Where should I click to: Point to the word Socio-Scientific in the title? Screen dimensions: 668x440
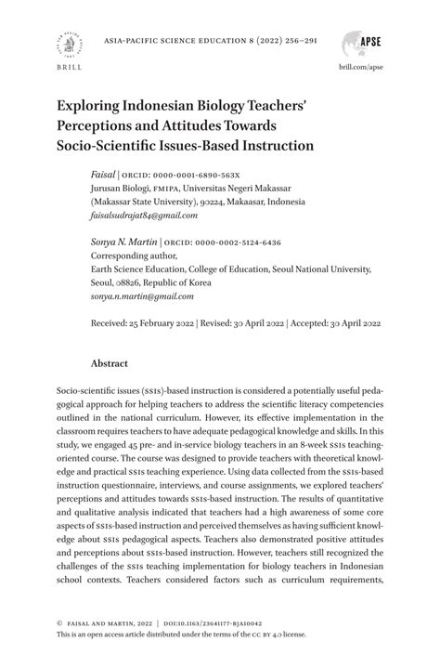click(110, 146)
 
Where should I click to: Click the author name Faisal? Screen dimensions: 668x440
click(103, 174)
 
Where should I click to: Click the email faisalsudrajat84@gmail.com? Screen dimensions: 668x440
click(144, 215)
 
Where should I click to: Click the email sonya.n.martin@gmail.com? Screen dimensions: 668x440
click(142, 296)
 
